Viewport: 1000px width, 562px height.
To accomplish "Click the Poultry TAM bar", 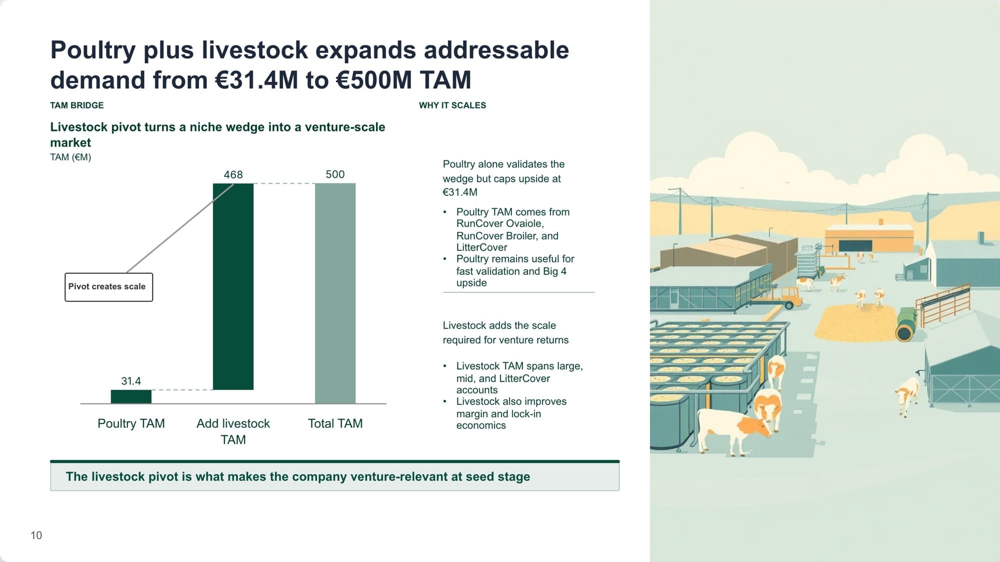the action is click(131, 397).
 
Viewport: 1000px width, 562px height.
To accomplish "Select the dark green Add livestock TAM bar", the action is click(233, 287).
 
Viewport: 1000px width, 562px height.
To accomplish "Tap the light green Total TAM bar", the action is click(335, 293).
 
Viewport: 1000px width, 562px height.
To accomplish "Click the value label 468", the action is click(233, 175).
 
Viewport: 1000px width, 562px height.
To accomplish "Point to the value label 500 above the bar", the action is click(335, 174).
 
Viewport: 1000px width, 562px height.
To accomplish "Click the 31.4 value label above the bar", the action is click(131, 381).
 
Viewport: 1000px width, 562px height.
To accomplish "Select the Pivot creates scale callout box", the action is click(108, 287).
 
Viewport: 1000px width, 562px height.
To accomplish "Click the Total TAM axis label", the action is click(335, 424).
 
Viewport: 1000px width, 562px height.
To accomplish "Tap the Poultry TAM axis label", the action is click(131, 424).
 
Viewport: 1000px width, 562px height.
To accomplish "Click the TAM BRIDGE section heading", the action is click(77, 105).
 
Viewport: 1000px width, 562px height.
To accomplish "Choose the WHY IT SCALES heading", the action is click(452, 105).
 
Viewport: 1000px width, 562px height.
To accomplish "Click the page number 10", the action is click(36, 536).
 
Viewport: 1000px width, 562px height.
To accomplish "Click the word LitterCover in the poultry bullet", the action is click(481, 247).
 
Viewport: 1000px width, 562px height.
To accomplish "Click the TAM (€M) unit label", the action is click(70, 157).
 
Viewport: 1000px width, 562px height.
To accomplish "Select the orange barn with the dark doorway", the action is click(869, 239).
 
